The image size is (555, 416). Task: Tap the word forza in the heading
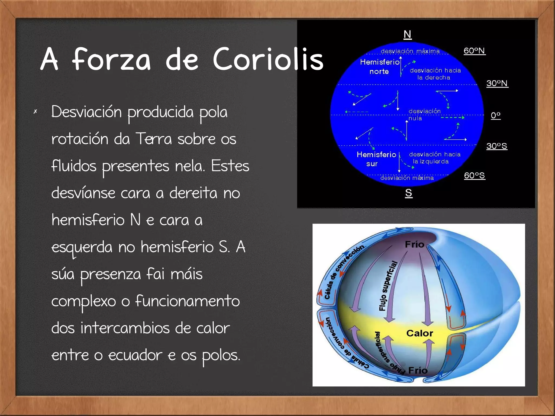111,59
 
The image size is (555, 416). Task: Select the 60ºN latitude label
474,51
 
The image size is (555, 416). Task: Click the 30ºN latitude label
497,83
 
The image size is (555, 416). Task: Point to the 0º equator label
496,115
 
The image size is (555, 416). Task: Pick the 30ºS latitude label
496,146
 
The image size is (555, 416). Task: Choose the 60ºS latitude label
474,176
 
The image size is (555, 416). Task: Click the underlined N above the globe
407,35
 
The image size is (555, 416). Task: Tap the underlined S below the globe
409,193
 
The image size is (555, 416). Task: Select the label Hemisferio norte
380,67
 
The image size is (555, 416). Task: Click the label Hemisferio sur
376,159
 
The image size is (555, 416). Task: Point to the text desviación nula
424,115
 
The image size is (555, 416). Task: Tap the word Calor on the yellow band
420,333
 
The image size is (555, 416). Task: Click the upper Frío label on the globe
414,244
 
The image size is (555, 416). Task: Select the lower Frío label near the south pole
418,370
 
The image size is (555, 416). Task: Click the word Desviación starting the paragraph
86,112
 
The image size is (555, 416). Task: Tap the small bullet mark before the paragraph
35,111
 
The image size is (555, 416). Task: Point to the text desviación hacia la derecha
435,74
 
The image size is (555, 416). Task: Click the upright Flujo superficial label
388,286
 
